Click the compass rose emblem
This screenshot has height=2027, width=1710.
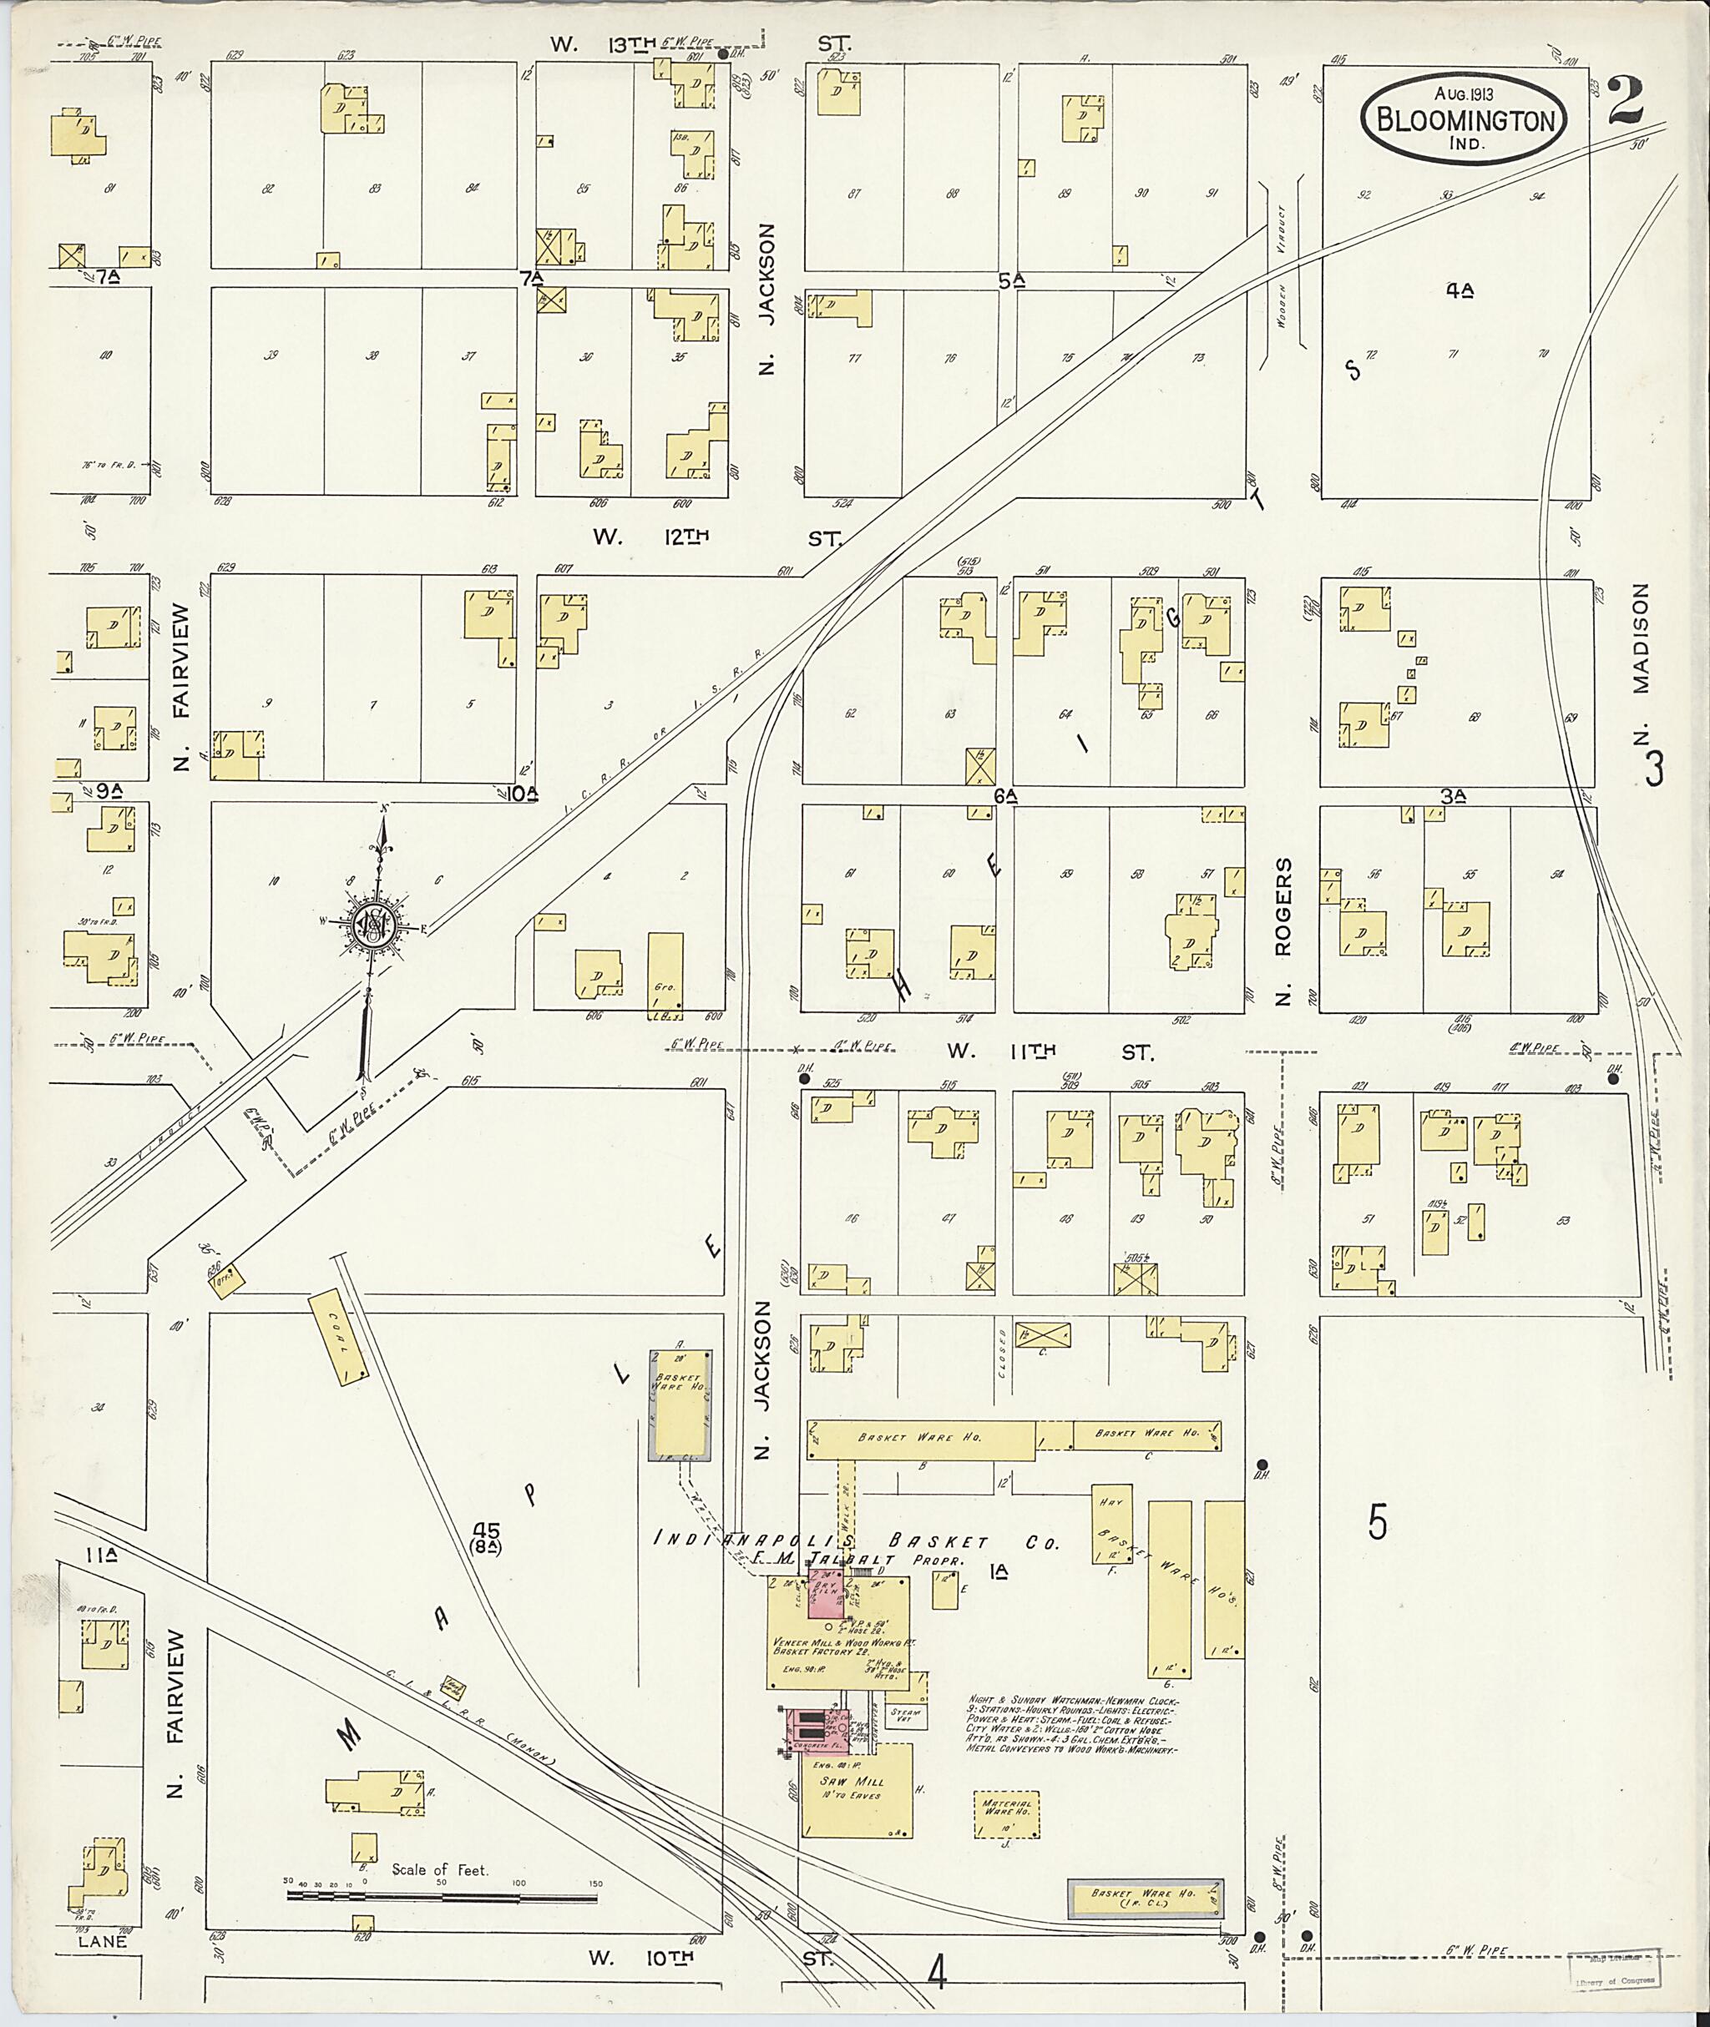[373, 925]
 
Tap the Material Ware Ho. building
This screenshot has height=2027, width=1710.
[1007, 1812]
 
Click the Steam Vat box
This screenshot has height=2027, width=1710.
[907, 1713]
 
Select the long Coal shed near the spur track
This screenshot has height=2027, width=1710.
[338, 1336]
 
